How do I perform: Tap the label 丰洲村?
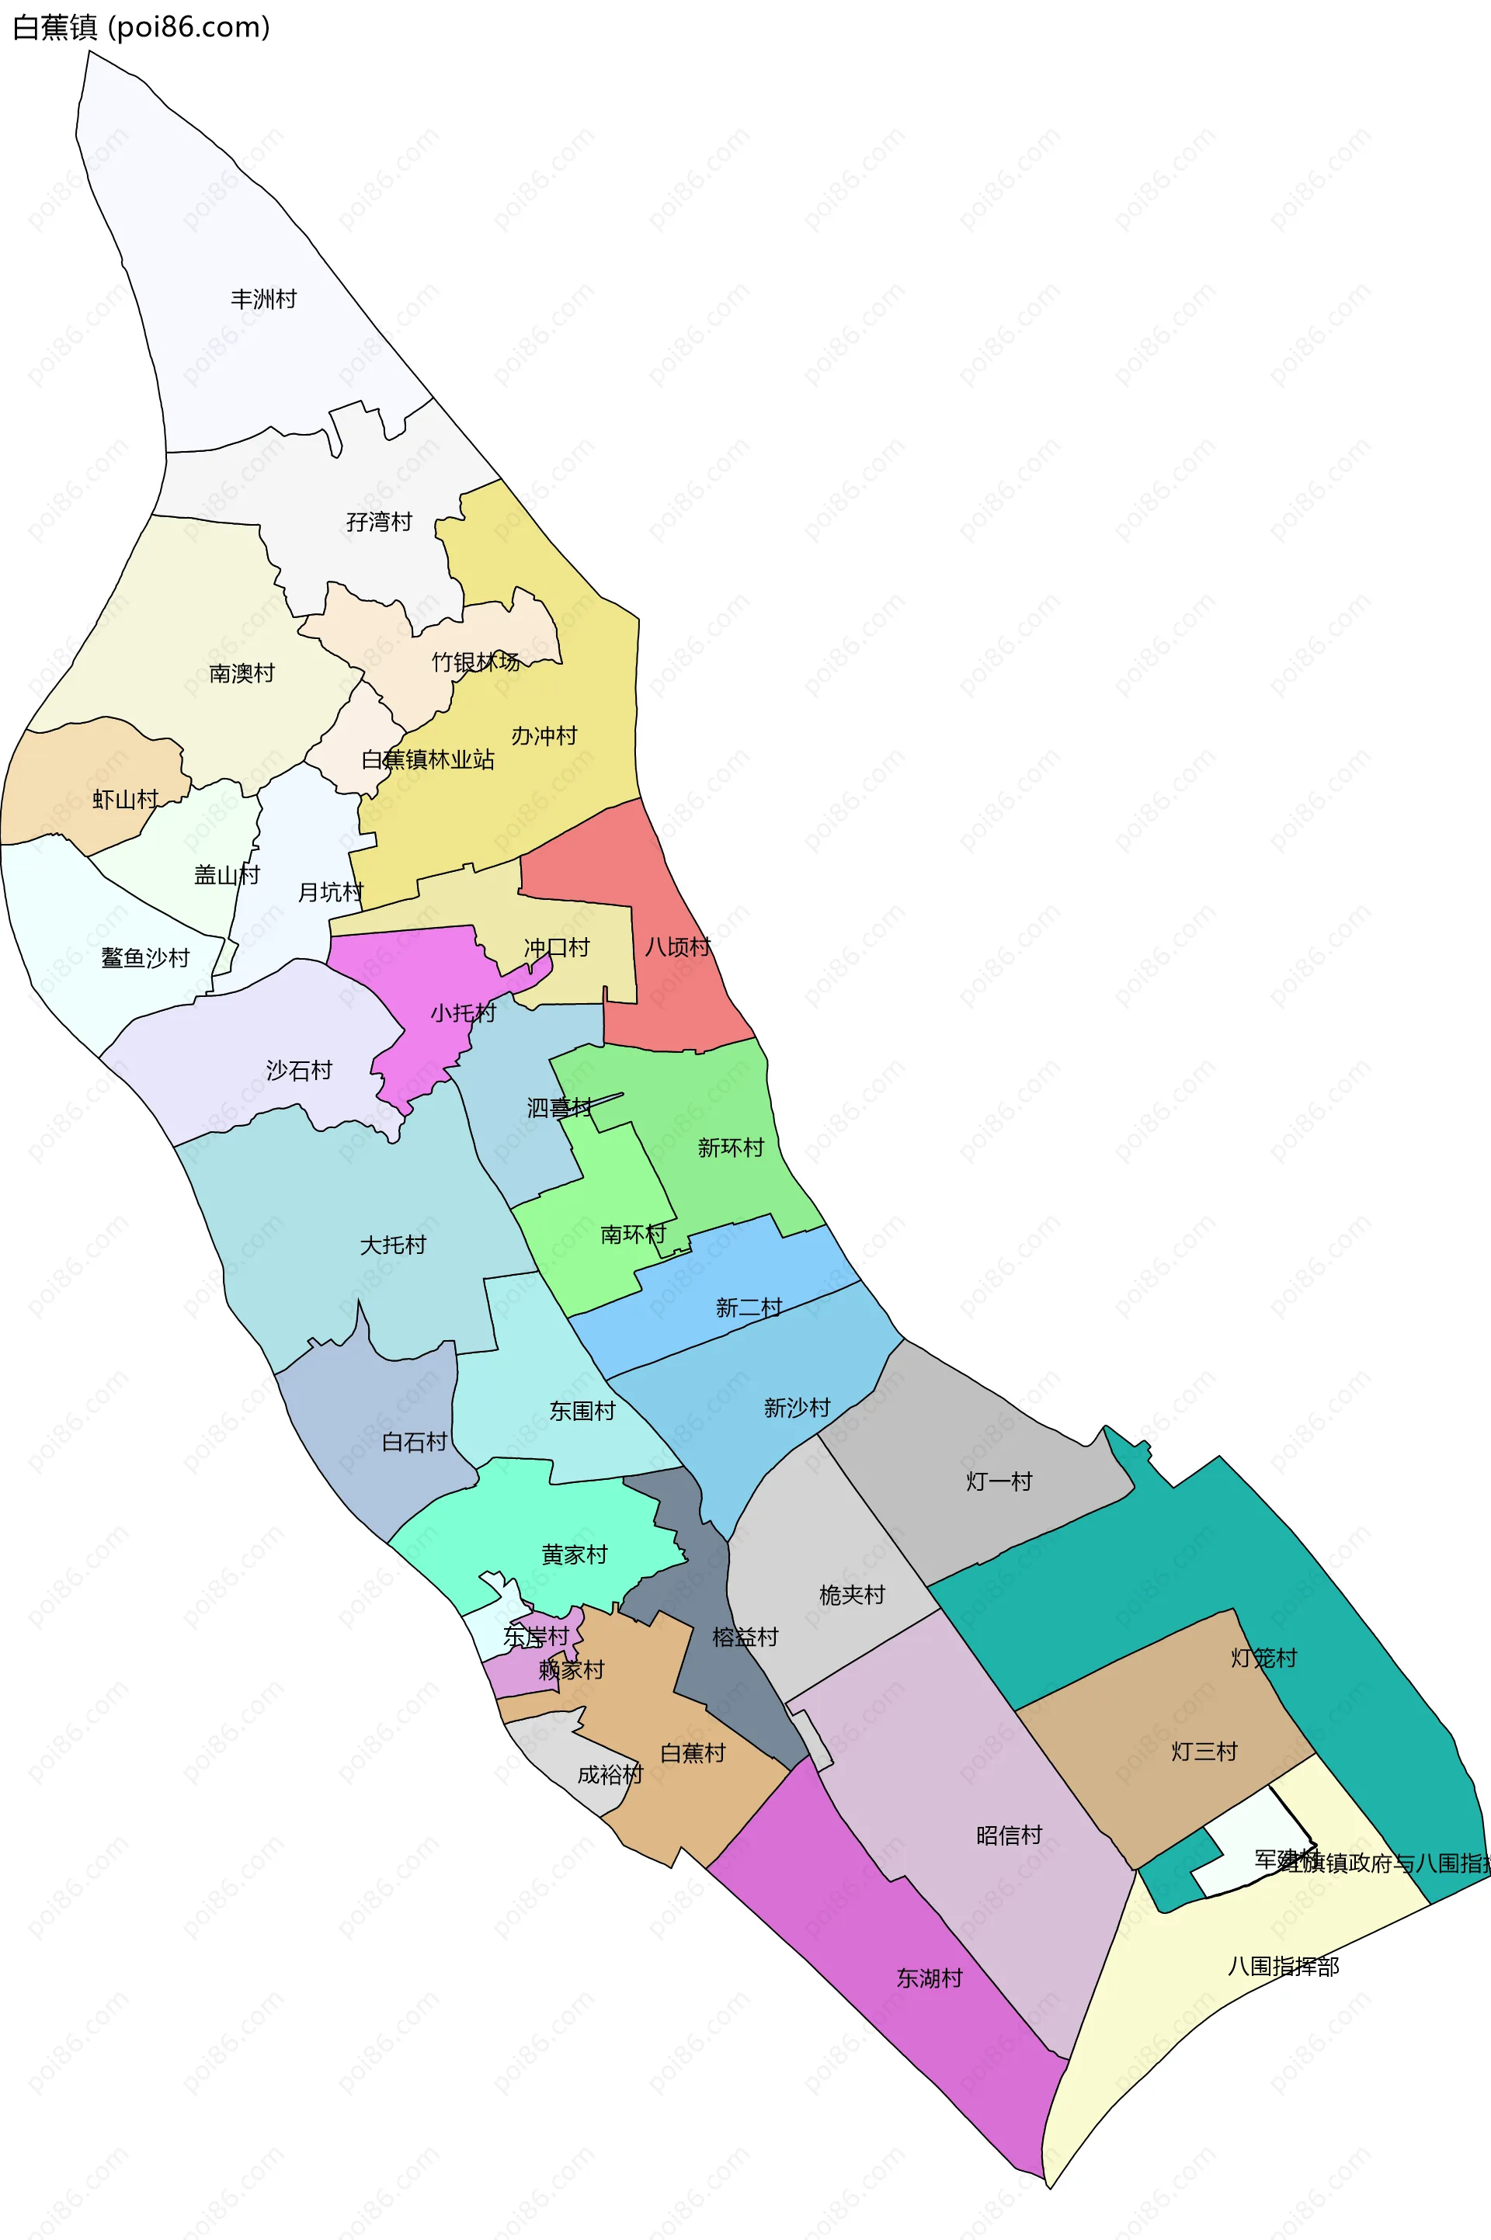tap(263, 300)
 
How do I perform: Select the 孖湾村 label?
tap(380, 522)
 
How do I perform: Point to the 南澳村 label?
tap(242, 673)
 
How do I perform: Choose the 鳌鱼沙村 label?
tap(145, 957)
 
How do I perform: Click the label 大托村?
tap(393, 1245)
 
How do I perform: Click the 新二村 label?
tap(749, 1308)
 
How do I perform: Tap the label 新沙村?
tap(798, 1407)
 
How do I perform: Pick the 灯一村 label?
tap(999, 1481)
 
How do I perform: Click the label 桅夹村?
tap(852, 1595)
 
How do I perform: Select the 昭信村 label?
tap(1010, 1835)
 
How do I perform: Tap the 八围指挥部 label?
tap(1284, 1965)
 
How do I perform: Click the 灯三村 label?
tap(1204, 1752)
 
